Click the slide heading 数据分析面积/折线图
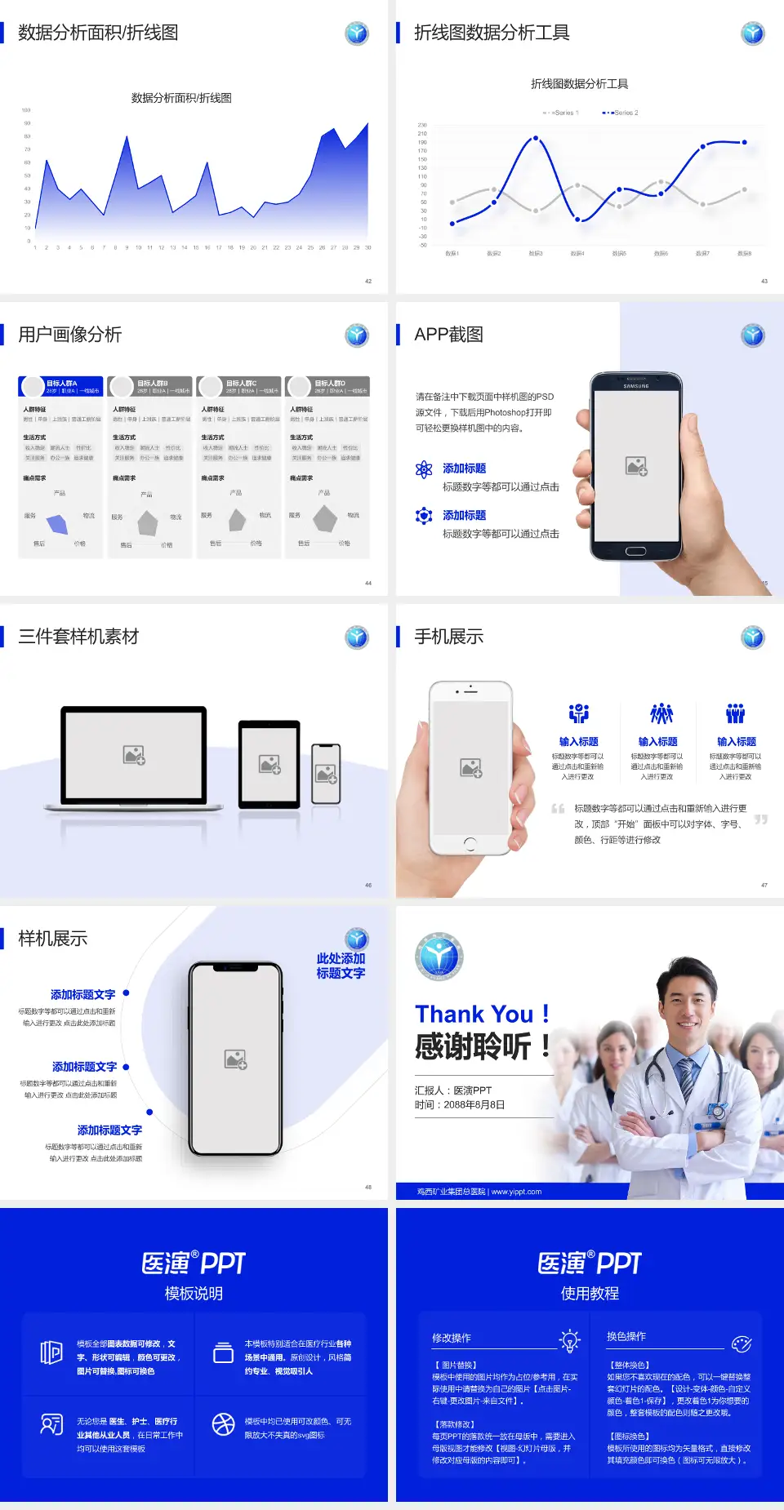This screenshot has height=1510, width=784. click(98, 33)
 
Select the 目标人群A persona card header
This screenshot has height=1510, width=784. click(61, 386)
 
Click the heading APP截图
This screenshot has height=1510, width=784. click(448, 335)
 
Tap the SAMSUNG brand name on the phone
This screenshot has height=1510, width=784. click(636, 385)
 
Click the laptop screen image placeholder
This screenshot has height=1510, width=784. click(134, 755)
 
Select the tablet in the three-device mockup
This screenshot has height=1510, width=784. click(269, 764)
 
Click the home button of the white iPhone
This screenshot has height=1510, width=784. click(470, 842)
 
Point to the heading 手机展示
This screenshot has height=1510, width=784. click(448, 637)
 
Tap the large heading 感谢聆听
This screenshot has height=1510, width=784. click(474, 1046)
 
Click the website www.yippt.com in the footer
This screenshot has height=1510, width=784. click(516, 1192)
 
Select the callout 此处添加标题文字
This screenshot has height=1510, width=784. click(341, 966)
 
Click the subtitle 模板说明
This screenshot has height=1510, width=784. click(194, 1294)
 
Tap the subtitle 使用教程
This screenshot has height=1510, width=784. click(590, 1294)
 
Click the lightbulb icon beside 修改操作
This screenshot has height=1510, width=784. click(569, 1340)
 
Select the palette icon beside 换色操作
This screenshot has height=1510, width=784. click(742, 1343)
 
